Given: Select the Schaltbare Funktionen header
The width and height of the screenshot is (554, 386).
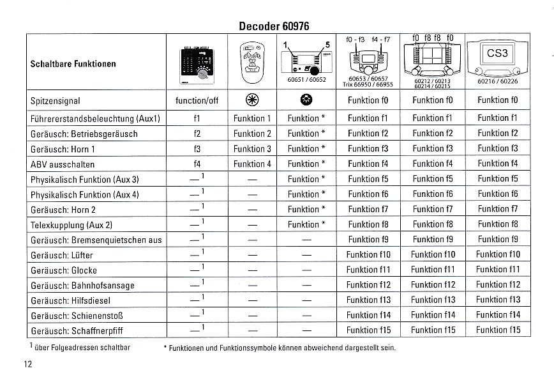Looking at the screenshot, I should tap(73, 64).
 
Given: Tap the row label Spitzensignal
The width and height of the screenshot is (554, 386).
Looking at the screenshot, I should tap(55, 101).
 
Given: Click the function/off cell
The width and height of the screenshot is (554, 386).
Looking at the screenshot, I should tap(197, 101).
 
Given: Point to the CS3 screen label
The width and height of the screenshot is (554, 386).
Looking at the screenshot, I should tap(497, 54).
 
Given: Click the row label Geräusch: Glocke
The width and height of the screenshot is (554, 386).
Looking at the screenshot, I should tap(63, 270).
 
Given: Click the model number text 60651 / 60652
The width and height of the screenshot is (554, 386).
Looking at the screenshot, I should tap(303, 80).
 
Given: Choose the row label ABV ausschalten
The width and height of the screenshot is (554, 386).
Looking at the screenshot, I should tap(63, 164).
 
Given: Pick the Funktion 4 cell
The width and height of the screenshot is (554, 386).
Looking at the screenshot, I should tap(252, 164).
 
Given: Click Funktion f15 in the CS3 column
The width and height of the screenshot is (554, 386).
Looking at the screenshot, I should tap(498, 330).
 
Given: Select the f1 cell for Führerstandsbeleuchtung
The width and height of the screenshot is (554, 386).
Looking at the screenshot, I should tap(197, 118).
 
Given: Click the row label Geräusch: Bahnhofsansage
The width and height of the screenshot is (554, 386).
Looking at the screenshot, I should tap(82, 286).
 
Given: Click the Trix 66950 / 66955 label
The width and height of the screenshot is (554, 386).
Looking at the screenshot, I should tap(368, 84).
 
